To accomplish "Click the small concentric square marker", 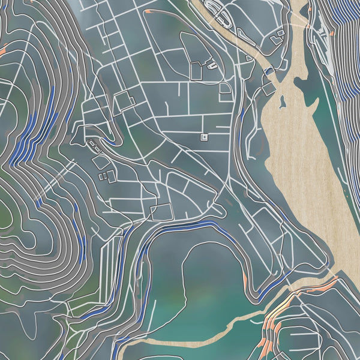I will [x=204, y=137].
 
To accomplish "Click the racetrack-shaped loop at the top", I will [x=218, y=13].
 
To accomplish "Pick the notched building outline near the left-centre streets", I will [x=125, y=101].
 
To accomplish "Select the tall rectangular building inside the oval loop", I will [x=197, y=71].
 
